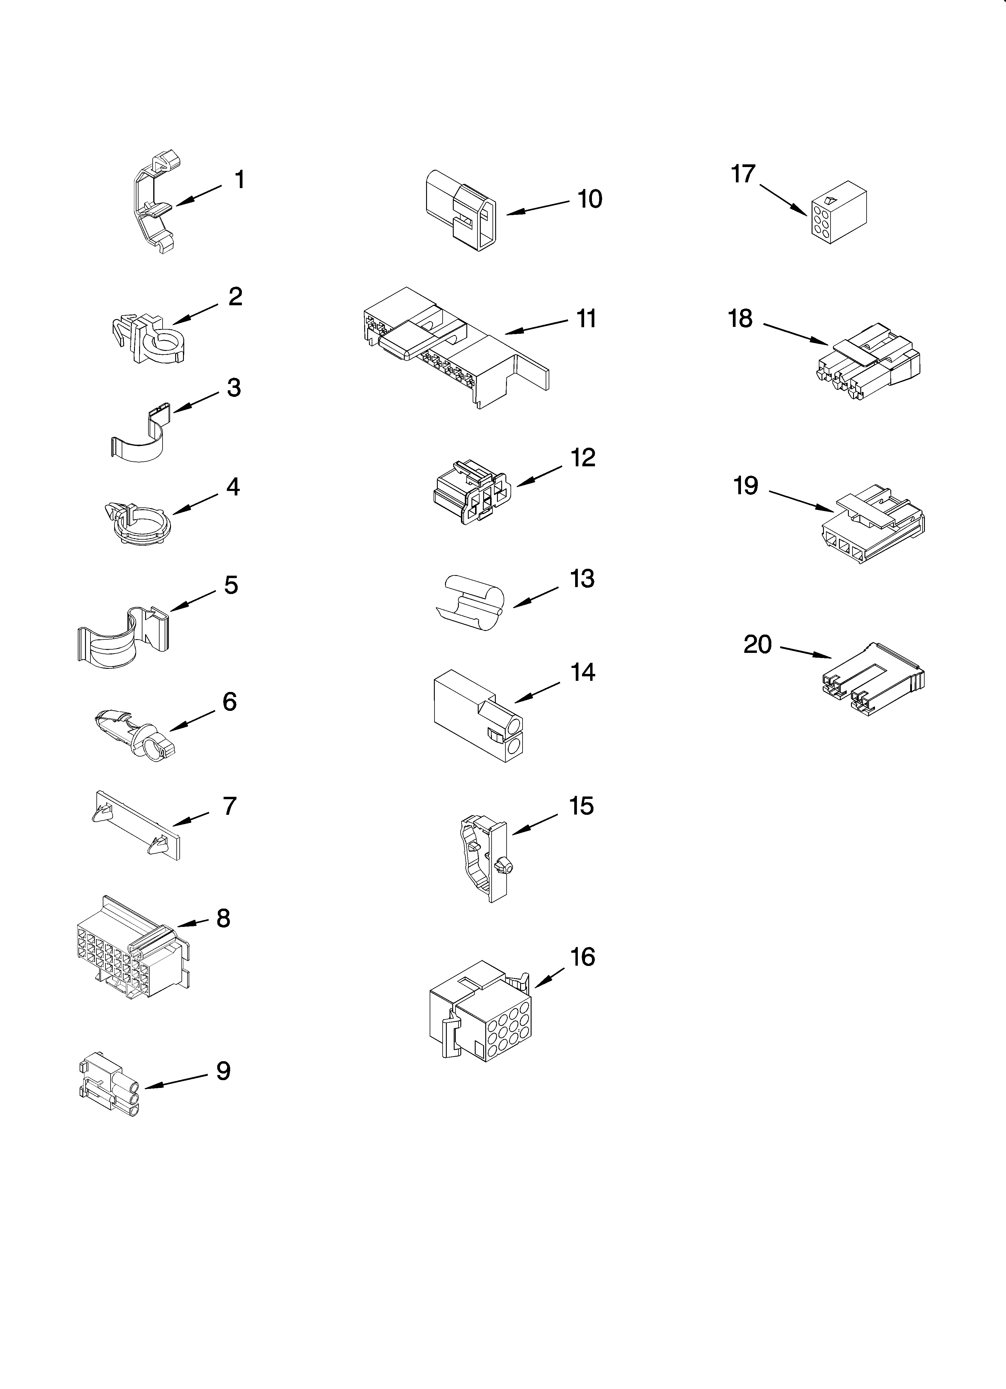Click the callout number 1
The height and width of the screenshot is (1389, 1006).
pos(239,180)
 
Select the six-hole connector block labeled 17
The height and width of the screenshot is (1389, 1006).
pos(838,212)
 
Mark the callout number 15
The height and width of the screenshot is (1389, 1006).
pos(581,806)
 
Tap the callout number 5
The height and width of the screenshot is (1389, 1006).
pos(231,586)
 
